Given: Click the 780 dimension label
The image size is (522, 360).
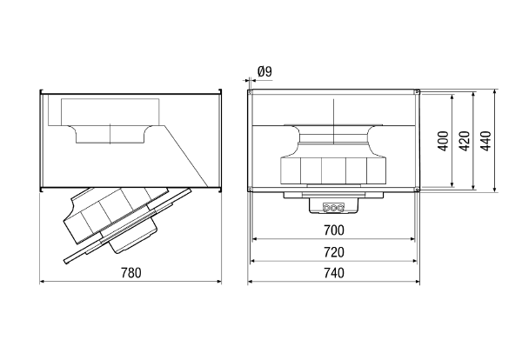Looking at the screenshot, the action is tap(130, 273).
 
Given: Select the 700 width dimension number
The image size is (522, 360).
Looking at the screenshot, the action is tap(334, 230).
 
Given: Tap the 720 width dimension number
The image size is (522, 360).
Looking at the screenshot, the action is tap(334, 252).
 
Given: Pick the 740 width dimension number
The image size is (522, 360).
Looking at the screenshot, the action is tap(334, 273).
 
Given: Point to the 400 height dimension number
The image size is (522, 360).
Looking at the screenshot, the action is tap(443, 141).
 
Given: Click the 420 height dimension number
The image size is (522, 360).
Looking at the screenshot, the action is tap(464, 141).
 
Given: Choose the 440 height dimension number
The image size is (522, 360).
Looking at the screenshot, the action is tap(485, 141).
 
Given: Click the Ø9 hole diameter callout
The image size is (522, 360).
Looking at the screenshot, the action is tap(265, 71).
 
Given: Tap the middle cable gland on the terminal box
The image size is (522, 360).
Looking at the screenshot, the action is tap(333, 208).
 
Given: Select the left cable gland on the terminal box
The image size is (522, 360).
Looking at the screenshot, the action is tap(326, 208).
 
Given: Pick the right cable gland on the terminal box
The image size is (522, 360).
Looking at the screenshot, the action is tap(340, 208).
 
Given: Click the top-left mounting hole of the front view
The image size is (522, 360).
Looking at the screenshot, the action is tap(250, 92).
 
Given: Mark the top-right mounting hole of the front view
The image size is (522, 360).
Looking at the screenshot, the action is tap(417, 92).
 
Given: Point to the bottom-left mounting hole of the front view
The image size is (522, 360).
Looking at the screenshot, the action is tap(250, 190).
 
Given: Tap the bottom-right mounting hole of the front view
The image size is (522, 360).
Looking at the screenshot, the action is tap(417, 190).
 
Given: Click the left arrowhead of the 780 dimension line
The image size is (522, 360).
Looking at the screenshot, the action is tap(42, 282).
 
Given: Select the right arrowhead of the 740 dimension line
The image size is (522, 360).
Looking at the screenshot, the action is tap(418, 282).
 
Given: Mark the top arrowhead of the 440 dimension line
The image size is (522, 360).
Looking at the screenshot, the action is tap(496, 92).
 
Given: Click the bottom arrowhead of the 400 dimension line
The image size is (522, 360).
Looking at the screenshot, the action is tap(452, 184).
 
